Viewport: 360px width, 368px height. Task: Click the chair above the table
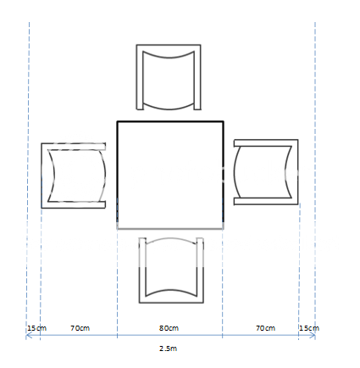coord(169,77)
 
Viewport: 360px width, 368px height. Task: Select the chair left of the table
coord(75,175)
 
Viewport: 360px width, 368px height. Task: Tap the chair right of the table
coord(265,172)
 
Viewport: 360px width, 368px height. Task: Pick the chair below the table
coord(171,270)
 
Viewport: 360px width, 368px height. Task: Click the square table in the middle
coord(170,175)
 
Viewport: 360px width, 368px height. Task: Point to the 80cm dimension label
coord(169,327)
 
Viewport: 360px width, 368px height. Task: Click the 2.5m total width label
coord(169,348)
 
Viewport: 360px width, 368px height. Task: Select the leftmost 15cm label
coord(36,327)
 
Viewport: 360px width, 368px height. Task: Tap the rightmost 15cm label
coord(309,327)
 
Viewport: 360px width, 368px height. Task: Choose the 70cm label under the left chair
coord(80,327)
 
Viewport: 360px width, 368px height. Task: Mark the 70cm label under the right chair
coord(265,327)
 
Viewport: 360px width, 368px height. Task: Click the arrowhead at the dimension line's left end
coord(29,337)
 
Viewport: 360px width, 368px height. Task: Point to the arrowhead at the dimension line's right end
coord(313,337)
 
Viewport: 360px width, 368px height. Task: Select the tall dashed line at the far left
coord(29,170)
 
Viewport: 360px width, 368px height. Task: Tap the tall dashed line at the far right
coord(315,170)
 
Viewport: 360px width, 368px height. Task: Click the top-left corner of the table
coord(118,122)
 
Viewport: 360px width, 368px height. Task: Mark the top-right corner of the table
coord(223,122)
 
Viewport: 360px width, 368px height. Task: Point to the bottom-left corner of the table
coord(118,228)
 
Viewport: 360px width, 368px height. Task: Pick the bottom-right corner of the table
coord(223,228)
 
